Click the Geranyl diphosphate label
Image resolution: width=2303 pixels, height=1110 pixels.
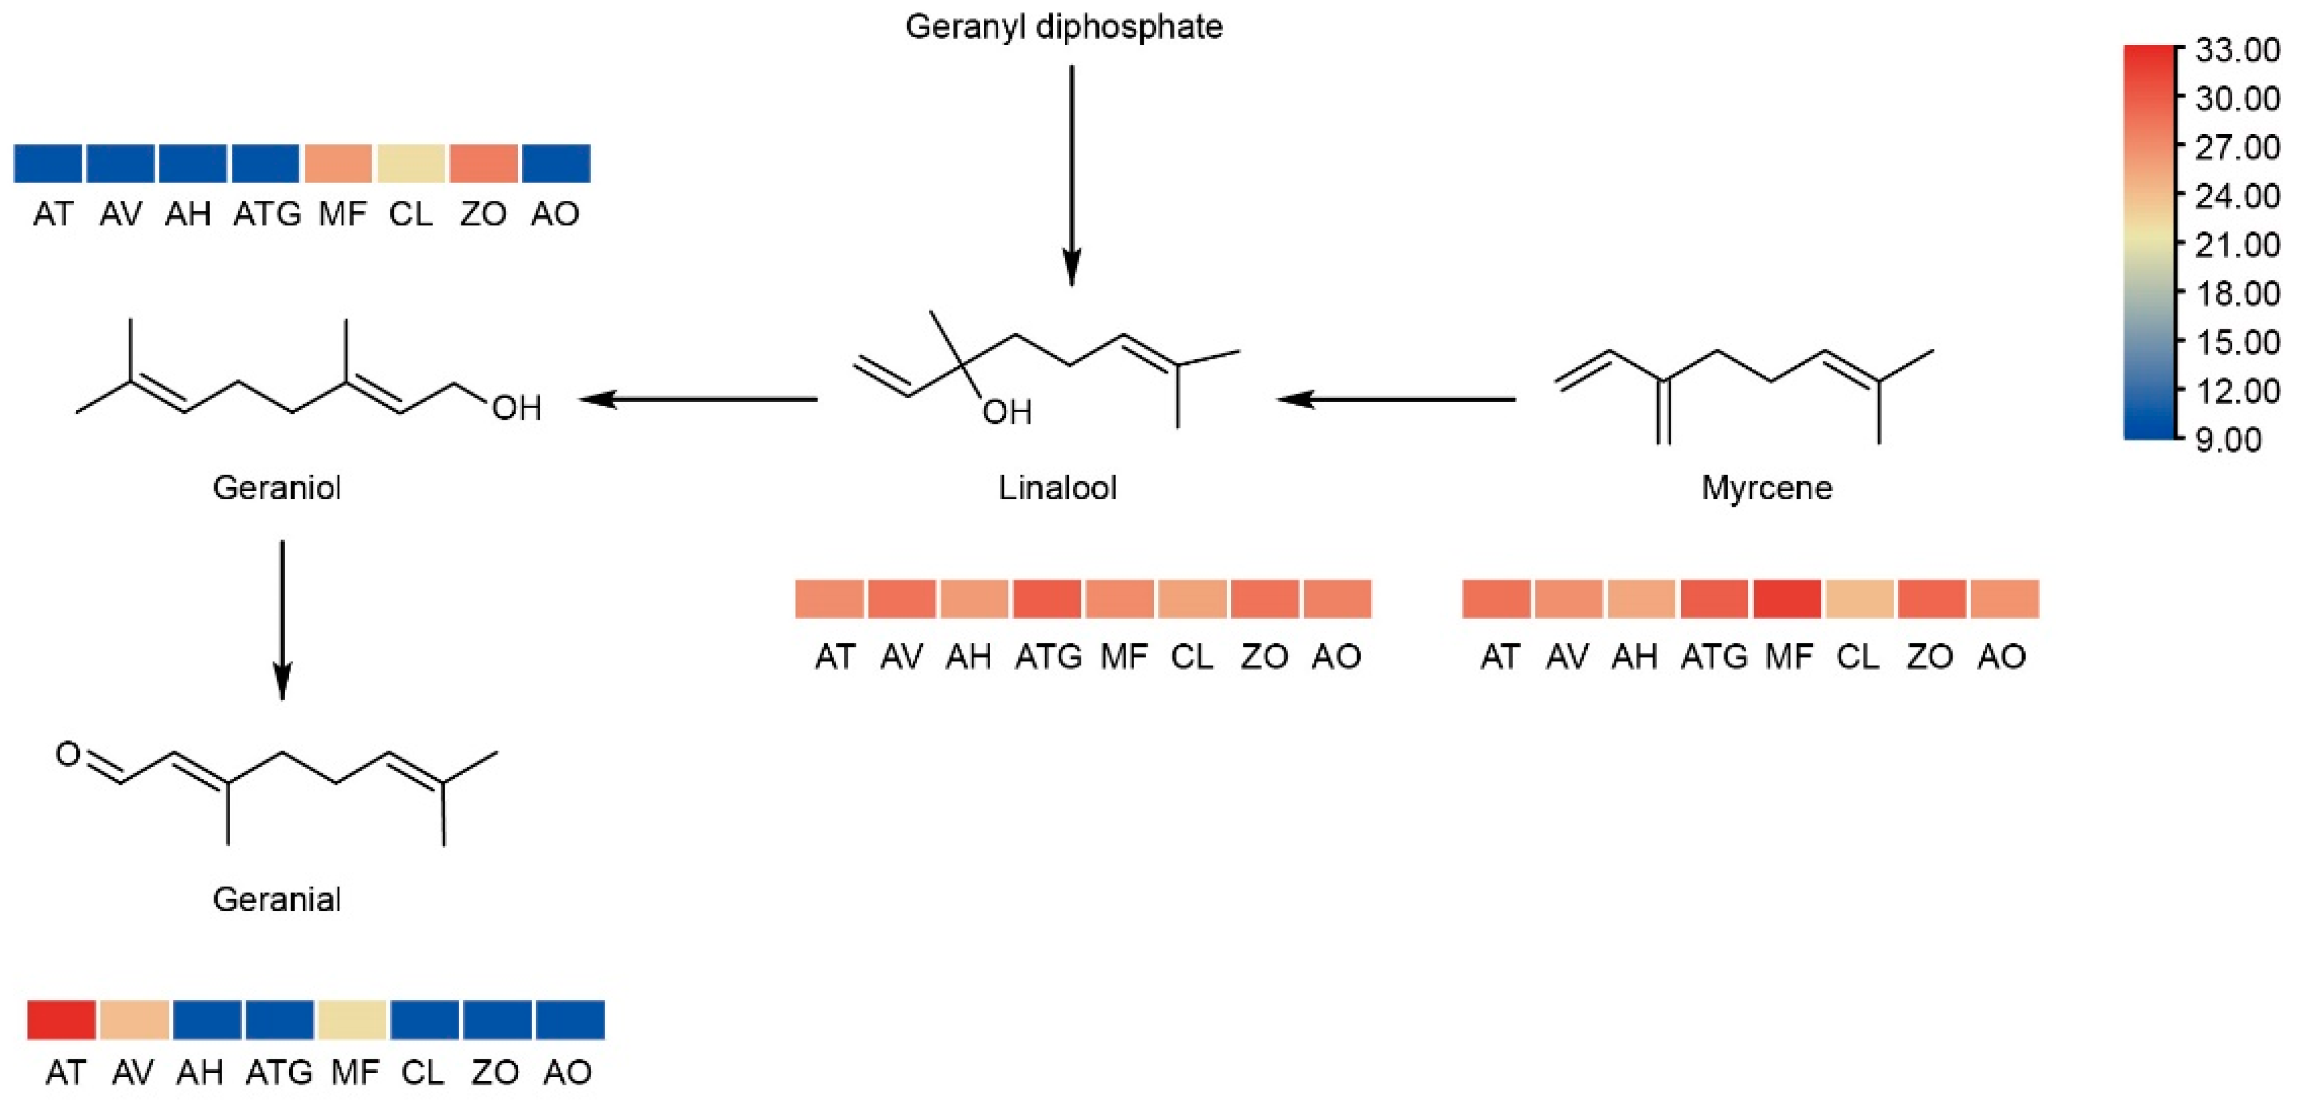pyautogui.click(x=1063, y=27)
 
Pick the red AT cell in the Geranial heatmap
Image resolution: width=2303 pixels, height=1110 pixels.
pyautogui.click(x=62, y=1020)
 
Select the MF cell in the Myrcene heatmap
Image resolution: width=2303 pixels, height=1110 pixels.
pyautogui.click(x=1786, y=598)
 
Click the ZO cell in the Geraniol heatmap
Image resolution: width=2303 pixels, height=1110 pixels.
pyautogui.click(x=483, y=164)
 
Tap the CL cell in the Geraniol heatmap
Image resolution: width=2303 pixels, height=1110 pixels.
pyautogui.click(x=410, y=164)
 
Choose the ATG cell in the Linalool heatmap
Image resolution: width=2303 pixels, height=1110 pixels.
pyautogui.click(x=1047, y=598)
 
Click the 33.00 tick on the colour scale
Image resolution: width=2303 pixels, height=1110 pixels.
pyautogui.click(x=2235, y=50)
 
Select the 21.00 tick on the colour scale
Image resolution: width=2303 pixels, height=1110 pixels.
pyautogui.click(x=2235, y=244)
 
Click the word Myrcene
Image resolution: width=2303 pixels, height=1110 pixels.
pyautogui.click(x=1766, y=488)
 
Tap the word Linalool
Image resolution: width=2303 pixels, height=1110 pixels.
pyautogui.click(x=1057, y=488)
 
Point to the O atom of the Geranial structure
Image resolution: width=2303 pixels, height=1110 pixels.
pyautogui.click(x=68, y=754)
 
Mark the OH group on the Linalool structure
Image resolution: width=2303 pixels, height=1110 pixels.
pyautogui.click(x=1007, y=412)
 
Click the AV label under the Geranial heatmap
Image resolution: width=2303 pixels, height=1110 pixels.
pyautogui.click(x=132, y=1071)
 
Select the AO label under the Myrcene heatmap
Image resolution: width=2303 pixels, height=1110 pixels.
pyautogui.click(x=2001, y=656)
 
